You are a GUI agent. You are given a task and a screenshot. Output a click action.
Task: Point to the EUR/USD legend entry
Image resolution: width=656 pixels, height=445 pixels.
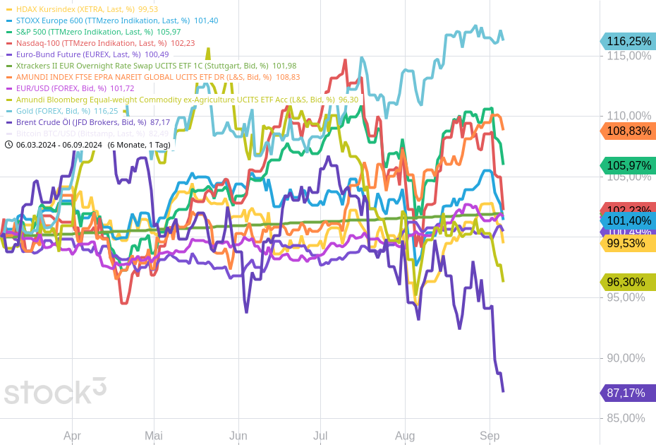click(71, 88)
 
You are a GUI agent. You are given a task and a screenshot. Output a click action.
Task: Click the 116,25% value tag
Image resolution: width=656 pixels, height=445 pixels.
click(628, 42)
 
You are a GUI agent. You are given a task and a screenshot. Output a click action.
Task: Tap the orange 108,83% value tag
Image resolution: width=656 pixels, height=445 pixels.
click(628, 131)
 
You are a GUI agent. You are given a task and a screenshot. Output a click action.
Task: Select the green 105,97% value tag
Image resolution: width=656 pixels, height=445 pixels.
click(628, 166)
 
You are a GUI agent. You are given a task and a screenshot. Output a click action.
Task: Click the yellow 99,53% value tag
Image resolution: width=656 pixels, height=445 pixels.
click(628, 244)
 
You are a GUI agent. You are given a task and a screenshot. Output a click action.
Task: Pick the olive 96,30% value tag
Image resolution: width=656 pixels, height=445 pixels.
click(628, 283)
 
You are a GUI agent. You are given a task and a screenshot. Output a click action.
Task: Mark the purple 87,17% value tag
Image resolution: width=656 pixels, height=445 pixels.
click(628, 393)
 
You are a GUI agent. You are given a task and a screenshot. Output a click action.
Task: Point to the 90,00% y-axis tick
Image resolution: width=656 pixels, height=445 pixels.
click(625, 358)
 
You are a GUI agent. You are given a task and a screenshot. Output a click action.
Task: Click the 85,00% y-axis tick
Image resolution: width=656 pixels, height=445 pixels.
click(625, 418)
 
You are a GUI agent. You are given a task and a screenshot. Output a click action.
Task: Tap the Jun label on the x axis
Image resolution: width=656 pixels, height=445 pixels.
click(238, 436)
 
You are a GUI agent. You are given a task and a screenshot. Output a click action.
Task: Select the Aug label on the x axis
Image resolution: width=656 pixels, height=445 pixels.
click(405, 436)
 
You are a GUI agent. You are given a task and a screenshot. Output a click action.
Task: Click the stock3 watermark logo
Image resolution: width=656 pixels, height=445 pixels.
click(55, 391)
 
